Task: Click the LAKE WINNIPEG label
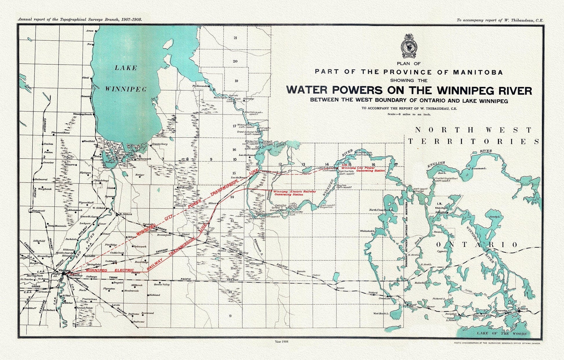tap(125, 78)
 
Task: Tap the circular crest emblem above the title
tap(409, 46)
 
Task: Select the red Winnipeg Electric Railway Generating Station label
tap(293, 193)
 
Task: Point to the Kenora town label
tap(523, 309)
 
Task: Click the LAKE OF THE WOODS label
tap(501, 334)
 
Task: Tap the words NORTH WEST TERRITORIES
tap(474, 136)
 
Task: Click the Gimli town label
tap(86, 78)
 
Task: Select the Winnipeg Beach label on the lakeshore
tap(82, 114)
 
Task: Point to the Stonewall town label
tap(39, 211)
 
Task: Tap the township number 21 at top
tap(235, 38)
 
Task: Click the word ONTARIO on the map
tap(476, 245)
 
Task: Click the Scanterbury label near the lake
tap(160, 144)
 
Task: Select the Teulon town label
tap(48, 144)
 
